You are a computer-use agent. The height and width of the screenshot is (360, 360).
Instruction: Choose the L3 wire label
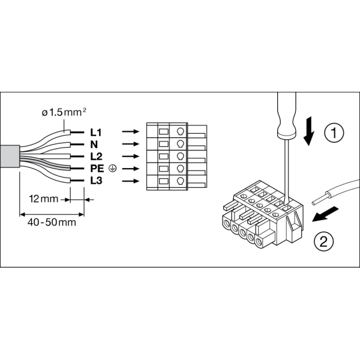(95, 181)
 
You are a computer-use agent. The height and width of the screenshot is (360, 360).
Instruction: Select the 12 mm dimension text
(43, 197)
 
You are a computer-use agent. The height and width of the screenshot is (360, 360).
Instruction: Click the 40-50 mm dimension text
(52, 223)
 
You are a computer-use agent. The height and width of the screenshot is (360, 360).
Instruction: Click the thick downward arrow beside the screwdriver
(309, 132)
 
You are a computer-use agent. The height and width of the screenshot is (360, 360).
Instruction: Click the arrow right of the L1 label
(128, 130)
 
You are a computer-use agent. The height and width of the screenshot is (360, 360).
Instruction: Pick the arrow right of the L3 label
(128, 181)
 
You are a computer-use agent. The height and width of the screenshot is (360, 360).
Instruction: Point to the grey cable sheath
(9, 157)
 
